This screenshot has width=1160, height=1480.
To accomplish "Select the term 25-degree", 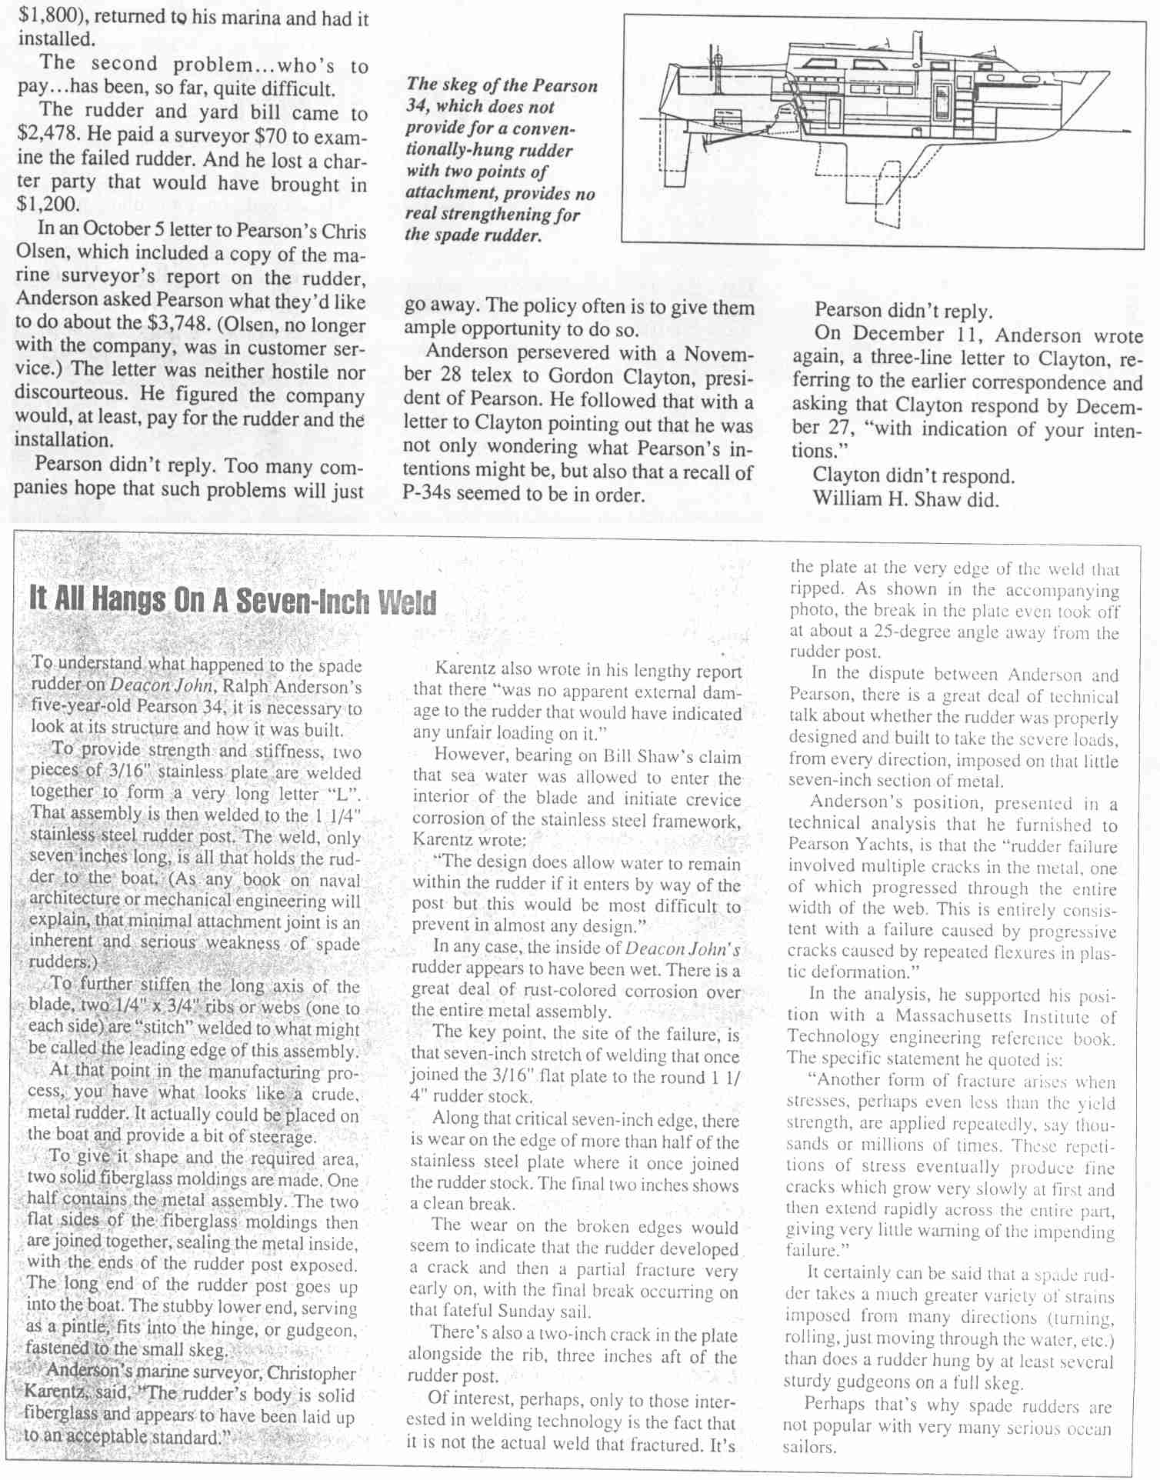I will point(911,634).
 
